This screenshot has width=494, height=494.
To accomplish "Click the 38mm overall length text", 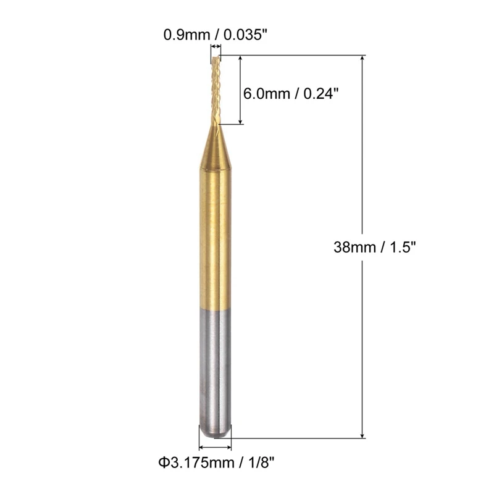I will tap(353, 248).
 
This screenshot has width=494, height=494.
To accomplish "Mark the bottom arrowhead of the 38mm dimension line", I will tap(362, 435).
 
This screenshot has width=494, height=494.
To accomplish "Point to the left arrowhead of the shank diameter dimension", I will tap(201, 445).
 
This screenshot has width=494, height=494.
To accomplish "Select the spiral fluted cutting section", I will tap(215, 90).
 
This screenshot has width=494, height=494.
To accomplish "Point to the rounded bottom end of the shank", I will tap(215, 434).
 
